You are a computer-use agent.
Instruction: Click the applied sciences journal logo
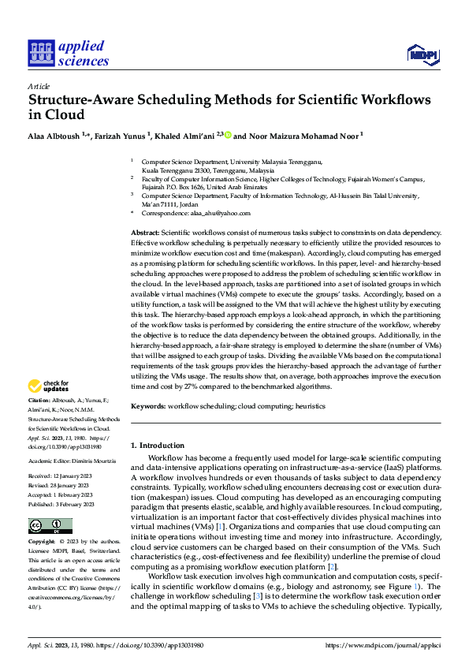(x=69, y=53)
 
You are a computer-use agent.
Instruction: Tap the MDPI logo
(x=422, y=54)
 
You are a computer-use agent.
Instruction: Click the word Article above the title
(x=38, y=86)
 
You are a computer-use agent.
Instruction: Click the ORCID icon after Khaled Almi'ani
(x=229, y=135)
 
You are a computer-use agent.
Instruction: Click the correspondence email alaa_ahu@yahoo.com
(x=226, y=213)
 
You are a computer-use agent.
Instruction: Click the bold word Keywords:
(x=147, y=405)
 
